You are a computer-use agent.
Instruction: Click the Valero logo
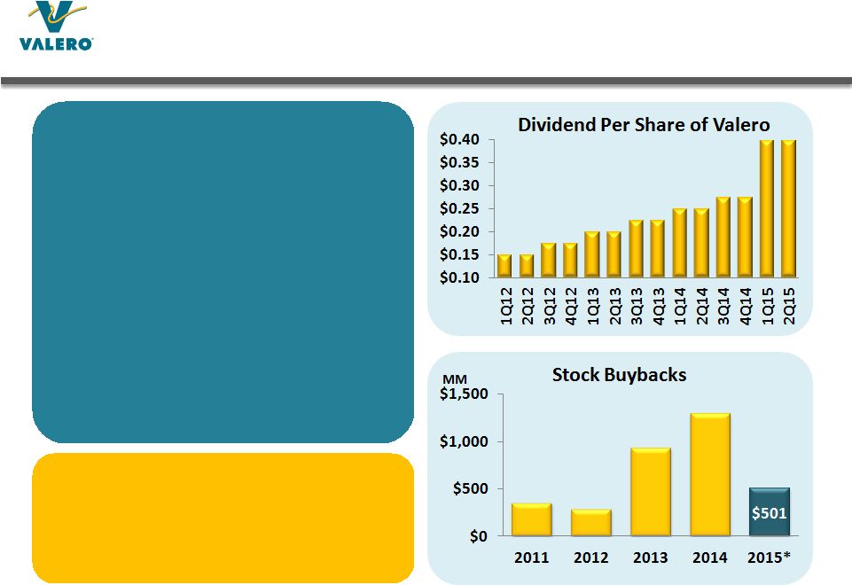coord(56,27)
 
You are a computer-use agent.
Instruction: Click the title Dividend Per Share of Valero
coord(644,125)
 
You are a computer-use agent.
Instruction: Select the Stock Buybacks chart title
coord(619,375)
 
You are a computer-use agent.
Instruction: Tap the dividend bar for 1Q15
coord(766,209)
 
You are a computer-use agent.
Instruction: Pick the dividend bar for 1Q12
coord(504,265)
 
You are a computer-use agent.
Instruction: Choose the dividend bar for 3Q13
coord(635,248)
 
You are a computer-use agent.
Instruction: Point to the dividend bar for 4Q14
coord(744,237)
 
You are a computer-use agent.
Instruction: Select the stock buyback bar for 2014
coord(710,474)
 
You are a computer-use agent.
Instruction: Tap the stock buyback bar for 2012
coord(590,522)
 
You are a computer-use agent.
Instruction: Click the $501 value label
coord(770,512)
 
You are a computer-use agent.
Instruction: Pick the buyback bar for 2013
coord(650,491)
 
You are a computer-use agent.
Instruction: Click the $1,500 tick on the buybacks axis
coord(465,395)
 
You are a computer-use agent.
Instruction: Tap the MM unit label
coord(454,378)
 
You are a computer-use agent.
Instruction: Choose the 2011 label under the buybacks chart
coord(531,558)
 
